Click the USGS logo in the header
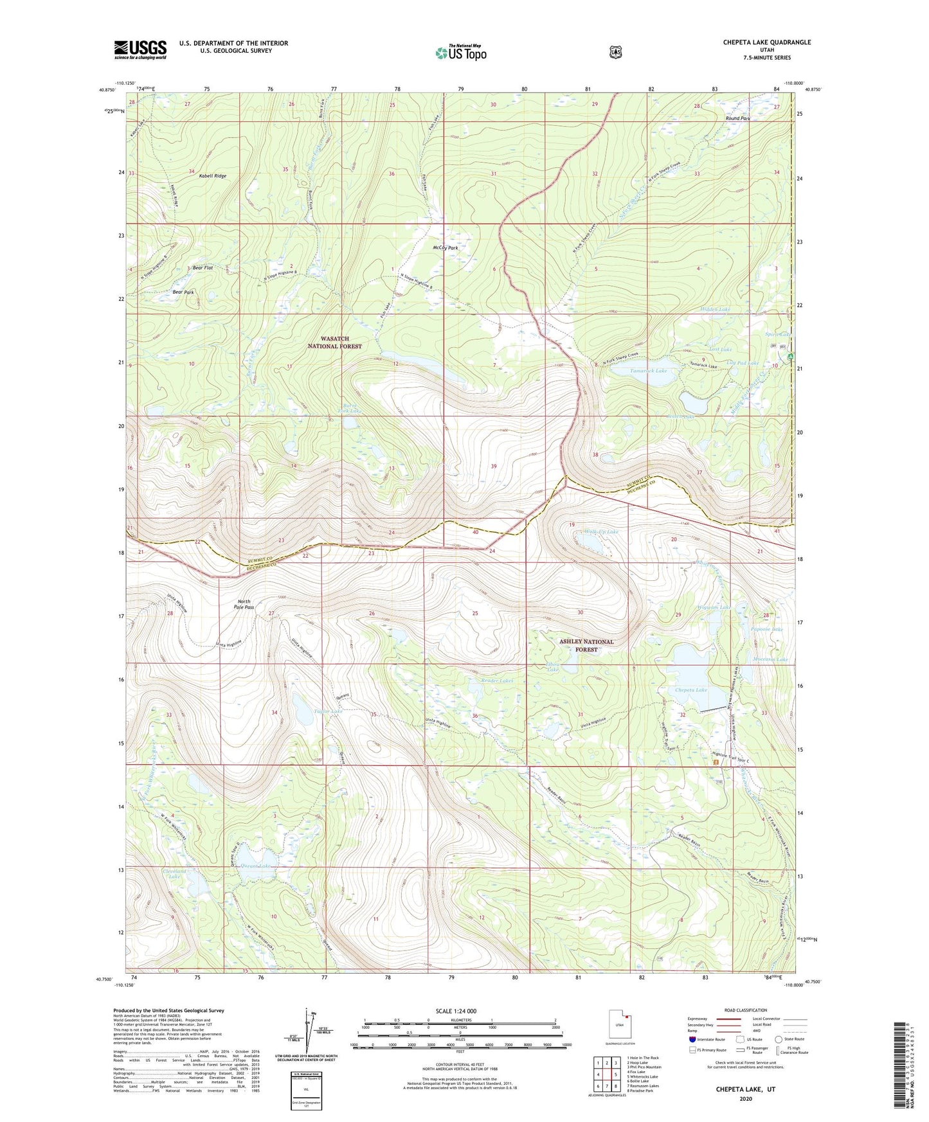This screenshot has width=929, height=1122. click(140, 49)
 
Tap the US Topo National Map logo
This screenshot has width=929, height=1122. click(460, 52)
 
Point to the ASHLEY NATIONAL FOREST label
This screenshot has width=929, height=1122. click(586, 645)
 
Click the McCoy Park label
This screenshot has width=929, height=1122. click(445, 247)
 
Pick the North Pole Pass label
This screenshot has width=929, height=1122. click(245, 603)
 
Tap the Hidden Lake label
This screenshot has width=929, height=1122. click(715, 309)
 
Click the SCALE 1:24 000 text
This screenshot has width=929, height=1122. click(456, 1011)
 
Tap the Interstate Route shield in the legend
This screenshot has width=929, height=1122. click(692, 1038)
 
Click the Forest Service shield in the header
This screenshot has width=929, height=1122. click(615, 52)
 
